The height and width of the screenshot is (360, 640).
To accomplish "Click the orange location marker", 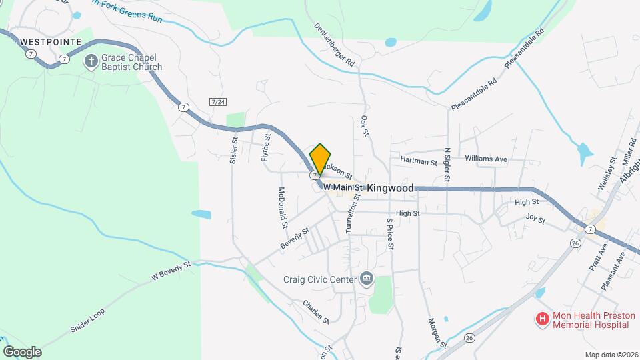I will tap(321, 159).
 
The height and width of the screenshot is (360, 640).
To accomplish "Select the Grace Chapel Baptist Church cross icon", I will tap(91, 62).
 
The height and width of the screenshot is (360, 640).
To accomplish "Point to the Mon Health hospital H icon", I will tap(542, 319).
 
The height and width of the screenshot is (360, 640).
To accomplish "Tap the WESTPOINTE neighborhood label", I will tap(51, 41).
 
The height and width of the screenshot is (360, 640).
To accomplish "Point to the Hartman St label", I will tap(419, 161).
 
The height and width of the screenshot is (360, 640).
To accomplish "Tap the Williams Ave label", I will tap(486, 159).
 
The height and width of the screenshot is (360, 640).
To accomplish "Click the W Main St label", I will tap(341, 188).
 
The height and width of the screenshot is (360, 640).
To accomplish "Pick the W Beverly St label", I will tap(171, 269).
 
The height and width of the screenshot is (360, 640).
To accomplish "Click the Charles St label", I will tap(316, 311).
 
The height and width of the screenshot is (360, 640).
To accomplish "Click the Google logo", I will tap(22, 351).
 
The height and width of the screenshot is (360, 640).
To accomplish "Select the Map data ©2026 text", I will tap(611, 355).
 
